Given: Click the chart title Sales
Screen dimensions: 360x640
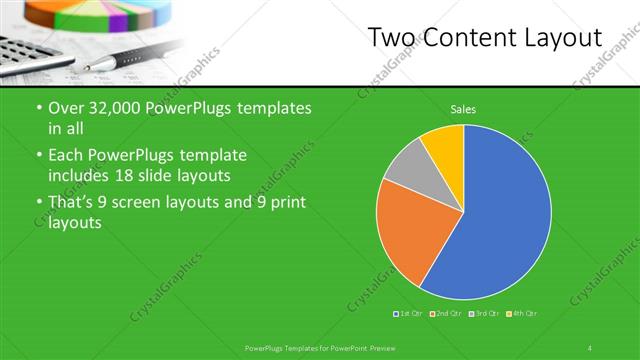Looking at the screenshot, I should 462,108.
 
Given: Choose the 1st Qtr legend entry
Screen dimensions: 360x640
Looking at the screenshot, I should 409,314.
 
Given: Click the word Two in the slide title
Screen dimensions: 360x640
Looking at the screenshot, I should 392,38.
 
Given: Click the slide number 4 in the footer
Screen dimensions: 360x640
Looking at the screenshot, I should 590,347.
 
